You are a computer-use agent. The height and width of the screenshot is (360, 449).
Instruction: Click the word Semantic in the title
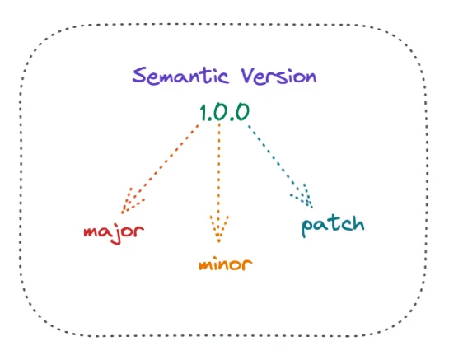tap(180, 76)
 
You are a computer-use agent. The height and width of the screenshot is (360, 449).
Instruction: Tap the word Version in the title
tap(278, 77)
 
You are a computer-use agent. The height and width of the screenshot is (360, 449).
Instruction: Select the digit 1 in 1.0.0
tap(203, 112)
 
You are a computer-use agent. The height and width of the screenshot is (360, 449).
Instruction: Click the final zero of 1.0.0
tap(242, 112)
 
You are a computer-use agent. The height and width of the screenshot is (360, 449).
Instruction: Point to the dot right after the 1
tap(210, 119)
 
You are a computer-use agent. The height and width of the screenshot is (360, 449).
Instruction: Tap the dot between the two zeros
tap(232, 119)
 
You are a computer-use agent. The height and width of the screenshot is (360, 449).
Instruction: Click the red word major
tap(114, 233)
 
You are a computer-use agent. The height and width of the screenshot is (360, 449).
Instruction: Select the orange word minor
tap(226, 264)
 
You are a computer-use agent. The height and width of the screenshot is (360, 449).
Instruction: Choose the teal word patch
tap(333, 226)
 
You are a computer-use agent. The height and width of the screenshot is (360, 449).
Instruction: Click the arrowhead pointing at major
tap(130, 202)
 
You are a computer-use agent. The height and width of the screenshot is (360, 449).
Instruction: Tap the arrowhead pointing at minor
tap(219, 228)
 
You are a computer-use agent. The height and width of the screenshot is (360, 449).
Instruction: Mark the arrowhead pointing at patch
tap(303, 196)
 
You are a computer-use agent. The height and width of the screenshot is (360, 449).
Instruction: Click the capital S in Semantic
tap(139, 75)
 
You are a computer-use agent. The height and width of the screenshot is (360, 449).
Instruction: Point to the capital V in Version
tap(248, 76)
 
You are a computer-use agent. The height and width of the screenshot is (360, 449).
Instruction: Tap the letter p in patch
tap(307, 227)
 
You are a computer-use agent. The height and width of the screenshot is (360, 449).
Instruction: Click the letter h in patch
tap(358, 224)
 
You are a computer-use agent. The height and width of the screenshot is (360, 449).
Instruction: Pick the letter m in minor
tap(206, 265)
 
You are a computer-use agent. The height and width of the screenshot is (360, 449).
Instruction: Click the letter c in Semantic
tap(223, 78)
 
